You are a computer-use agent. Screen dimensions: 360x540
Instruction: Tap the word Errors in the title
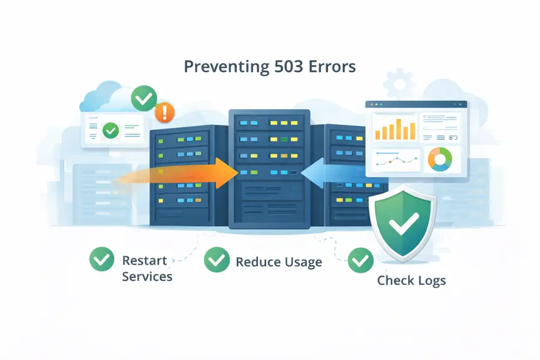click(333, 66)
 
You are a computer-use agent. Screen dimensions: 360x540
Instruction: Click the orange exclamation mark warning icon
click(164, 113)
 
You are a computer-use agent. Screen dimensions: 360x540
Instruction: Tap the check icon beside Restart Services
click(101, 260)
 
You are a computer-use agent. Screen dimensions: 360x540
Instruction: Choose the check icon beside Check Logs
click(361, 260)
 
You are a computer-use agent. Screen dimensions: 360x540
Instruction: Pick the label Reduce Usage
click(278, 262)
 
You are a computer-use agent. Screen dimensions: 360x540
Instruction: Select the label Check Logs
click(411, 280)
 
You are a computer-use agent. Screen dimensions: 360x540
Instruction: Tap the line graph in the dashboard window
click(395, 160)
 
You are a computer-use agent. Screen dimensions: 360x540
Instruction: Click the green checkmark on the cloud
click(144, 98)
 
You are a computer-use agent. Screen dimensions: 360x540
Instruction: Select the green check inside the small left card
click(110, 130)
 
